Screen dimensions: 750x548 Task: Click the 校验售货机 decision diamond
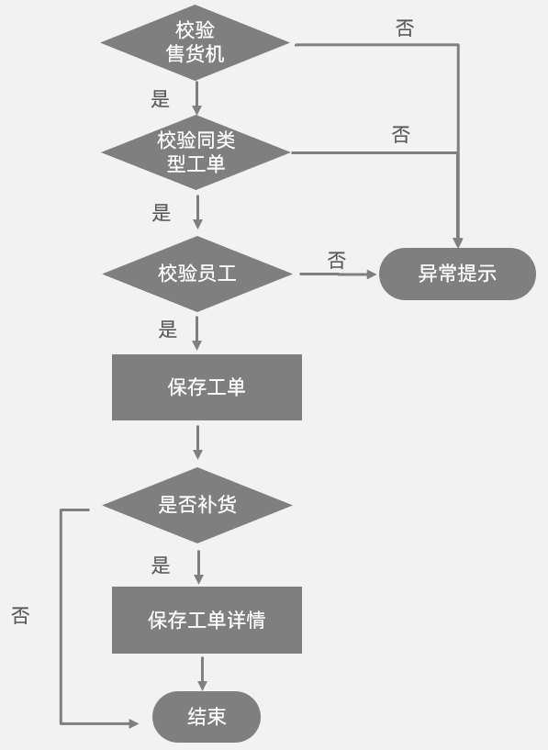tap(196, 42)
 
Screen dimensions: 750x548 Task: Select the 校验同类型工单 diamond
tap(196, 152)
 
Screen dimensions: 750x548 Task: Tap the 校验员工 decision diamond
tap(197, 274)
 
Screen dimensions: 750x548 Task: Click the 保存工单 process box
tap(207, 387)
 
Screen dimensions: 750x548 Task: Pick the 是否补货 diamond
tap(197, 505)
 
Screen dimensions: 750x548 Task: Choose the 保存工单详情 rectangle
tap(207, 620)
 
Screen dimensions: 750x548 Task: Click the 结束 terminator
tap(207, 717)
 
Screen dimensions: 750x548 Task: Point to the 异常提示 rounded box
tap(457, 274)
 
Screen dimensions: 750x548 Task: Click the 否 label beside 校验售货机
tap(405, 28)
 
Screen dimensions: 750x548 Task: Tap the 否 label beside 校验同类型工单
tap(401, 135)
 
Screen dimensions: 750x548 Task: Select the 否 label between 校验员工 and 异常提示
tap(337, 261)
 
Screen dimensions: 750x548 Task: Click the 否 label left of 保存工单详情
tap(20, 615)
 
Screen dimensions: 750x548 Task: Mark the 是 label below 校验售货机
tap(161, 99)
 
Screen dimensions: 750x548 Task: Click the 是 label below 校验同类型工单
tap(162, 213)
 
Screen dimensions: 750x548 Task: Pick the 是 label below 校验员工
tap(167, 330)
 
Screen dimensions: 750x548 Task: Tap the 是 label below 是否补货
tap(162, 565)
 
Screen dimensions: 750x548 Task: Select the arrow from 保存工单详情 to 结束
tap(203, 673)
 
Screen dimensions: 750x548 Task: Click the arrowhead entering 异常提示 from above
tap(457, 241)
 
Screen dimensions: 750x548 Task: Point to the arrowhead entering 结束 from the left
tap(132, 723)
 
